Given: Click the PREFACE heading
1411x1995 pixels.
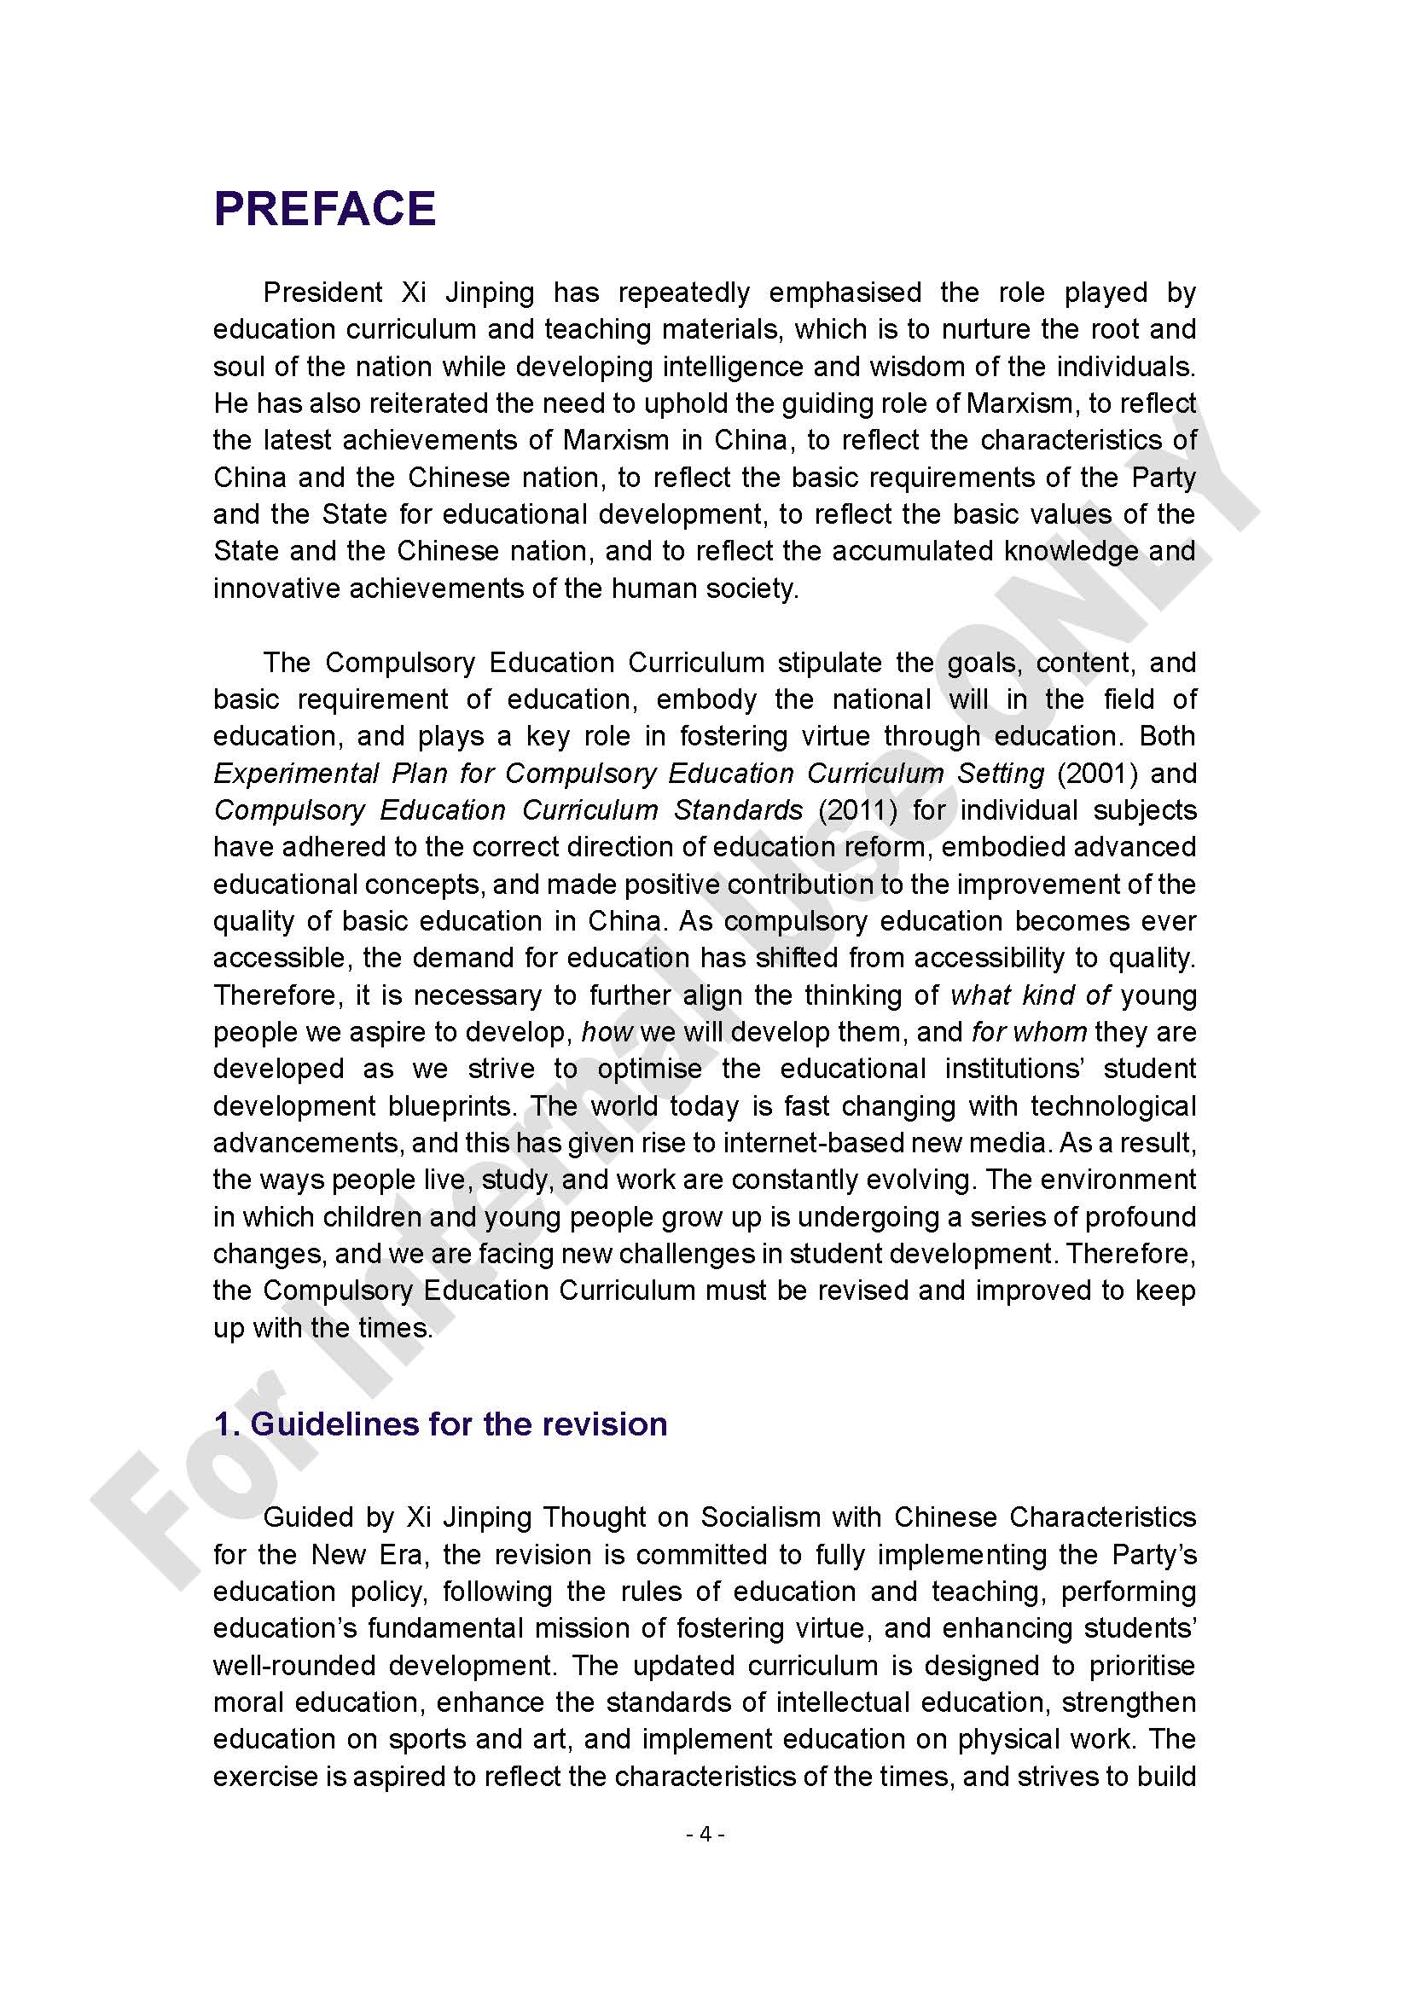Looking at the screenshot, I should point(324,208).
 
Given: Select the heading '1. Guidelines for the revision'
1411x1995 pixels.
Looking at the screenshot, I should point(439,1424).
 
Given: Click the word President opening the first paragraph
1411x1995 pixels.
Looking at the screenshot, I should point(322,293).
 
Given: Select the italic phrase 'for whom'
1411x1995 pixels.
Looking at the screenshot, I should point(1029,1032).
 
